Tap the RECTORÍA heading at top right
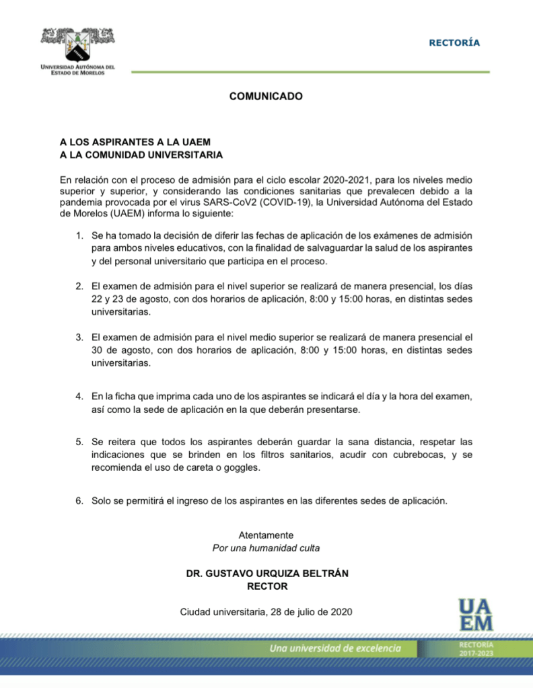[454, 43]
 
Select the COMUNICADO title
[266, 96]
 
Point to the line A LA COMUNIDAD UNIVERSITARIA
[141, 155]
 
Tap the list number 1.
[79, 235]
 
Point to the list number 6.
[79, 500]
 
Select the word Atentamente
[266, 535]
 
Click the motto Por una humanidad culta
[266, 547]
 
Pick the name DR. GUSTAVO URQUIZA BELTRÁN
[267, 573]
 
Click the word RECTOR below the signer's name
[267, 586]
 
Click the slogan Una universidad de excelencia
[334, 648]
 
